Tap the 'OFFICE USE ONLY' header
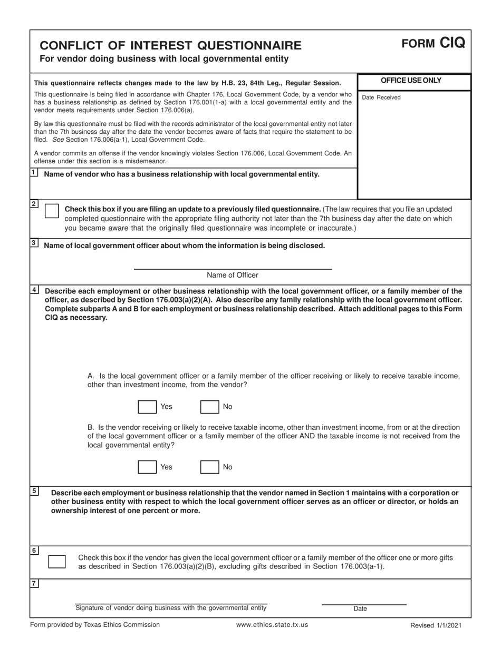(414, 81)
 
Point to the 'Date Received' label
(381, 97)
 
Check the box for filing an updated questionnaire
(52, 211)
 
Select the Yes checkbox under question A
(147, 407)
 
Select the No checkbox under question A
(210, 407)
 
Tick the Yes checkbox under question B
(147, 467)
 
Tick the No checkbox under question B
(210, 467)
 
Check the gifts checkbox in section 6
(57, 562)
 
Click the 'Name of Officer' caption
(233, 275)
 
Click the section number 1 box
(34, 172)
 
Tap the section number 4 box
(34, 290)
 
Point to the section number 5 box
(34, 491)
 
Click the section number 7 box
(34, 583)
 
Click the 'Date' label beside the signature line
(360, 608)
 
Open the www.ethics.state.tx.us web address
(272, 625)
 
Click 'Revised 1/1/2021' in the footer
(436, 625)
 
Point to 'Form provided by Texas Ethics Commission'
(95, 625)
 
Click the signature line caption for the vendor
(171, 608)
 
